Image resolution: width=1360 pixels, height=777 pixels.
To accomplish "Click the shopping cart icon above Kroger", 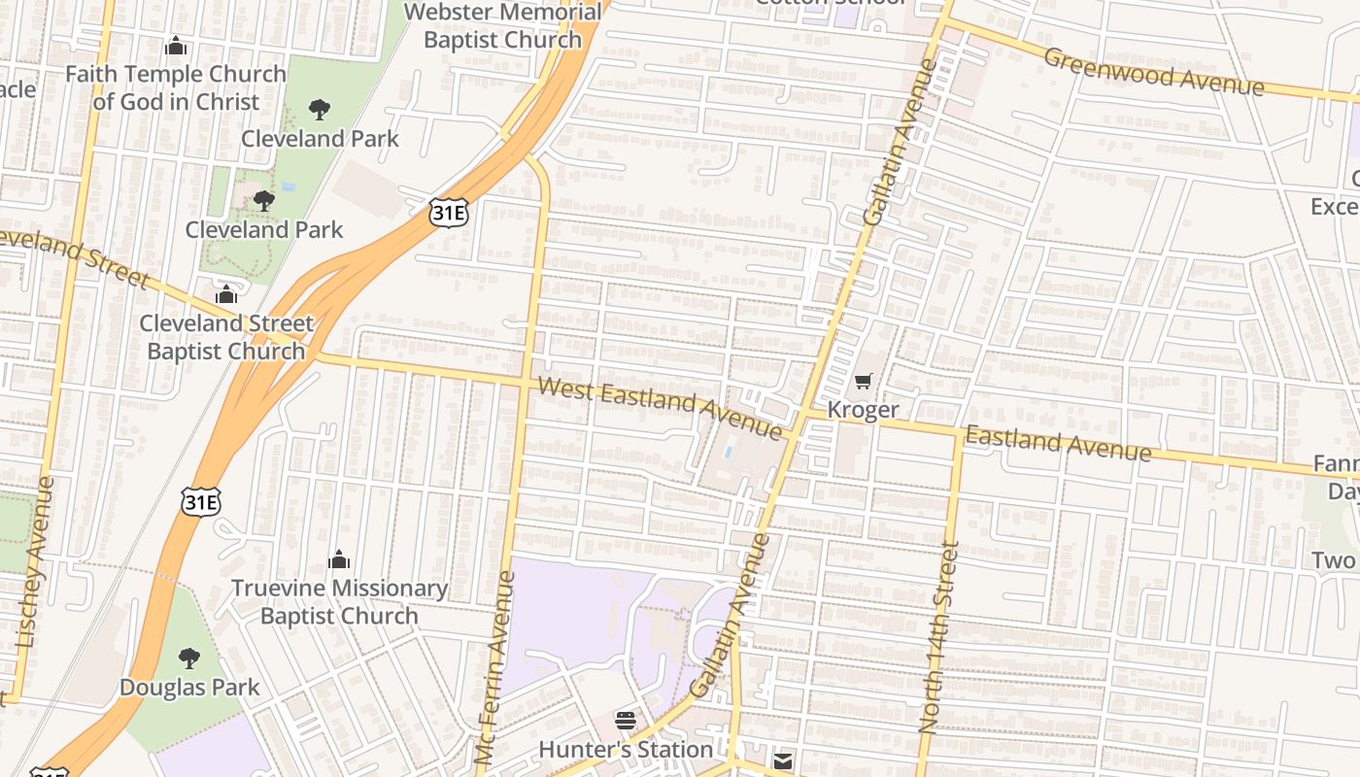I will pyautogui.click(x=863, y=382).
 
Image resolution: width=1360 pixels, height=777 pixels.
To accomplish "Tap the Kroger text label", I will pyautogui.click(x=863, y=410).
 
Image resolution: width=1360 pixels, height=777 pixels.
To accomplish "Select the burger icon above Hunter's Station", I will pyautogui.click(x=626, y=721).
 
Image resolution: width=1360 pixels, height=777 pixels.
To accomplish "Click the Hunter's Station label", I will pyautogui.click(x=626, y=749).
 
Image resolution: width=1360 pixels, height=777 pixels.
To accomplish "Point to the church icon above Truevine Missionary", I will pyautogui.click(x=339, y=559).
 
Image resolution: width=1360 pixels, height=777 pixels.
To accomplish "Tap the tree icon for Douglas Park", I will pyautogui.click(x=189, y=659).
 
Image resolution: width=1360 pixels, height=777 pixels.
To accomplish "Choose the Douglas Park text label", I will pyautogui.click(x=189, y=688).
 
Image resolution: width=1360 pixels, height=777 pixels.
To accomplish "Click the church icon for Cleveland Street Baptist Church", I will pyautogui.click(x=226, y=294).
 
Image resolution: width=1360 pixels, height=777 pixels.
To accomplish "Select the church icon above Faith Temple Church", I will pyautogui.click(x=176, y=46).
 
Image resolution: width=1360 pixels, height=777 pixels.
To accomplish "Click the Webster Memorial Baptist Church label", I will pyautogui.click(x=502, y=26).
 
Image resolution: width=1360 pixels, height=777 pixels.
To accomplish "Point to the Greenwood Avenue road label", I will pyautogui.click(x=1153, y=71).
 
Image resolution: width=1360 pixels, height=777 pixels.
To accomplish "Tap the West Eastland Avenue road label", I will pyautogui.click(x=660, y=408).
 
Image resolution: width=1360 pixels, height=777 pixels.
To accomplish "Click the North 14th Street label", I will pyautogui.click(x=938, y=637).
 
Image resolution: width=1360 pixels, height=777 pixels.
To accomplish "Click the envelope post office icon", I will pyautogui.click(x=783, y=760).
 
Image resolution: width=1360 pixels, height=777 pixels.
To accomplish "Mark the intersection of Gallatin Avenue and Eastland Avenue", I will pyautogui.click(x=802, y=418).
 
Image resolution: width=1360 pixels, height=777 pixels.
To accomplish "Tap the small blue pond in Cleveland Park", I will pyautogui.click(x=289, y=186).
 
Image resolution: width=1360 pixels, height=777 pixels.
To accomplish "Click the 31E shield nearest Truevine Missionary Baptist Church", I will pyautogui.click(x=201, y=501).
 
